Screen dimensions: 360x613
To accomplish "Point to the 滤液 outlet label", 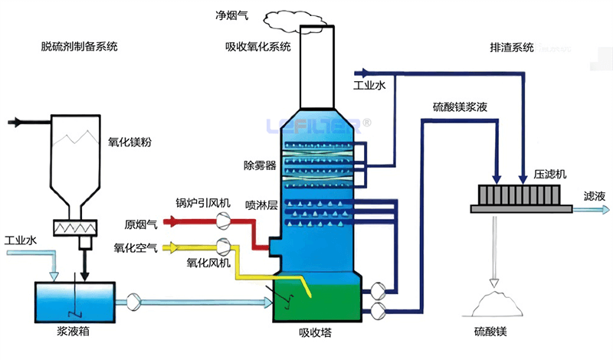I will click(594, 195).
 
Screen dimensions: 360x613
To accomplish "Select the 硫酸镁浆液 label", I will click(460, 107).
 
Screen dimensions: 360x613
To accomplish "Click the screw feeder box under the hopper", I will click(74, 227).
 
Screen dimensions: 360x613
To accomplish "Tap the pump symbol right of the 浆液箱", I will click(133, 303).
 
